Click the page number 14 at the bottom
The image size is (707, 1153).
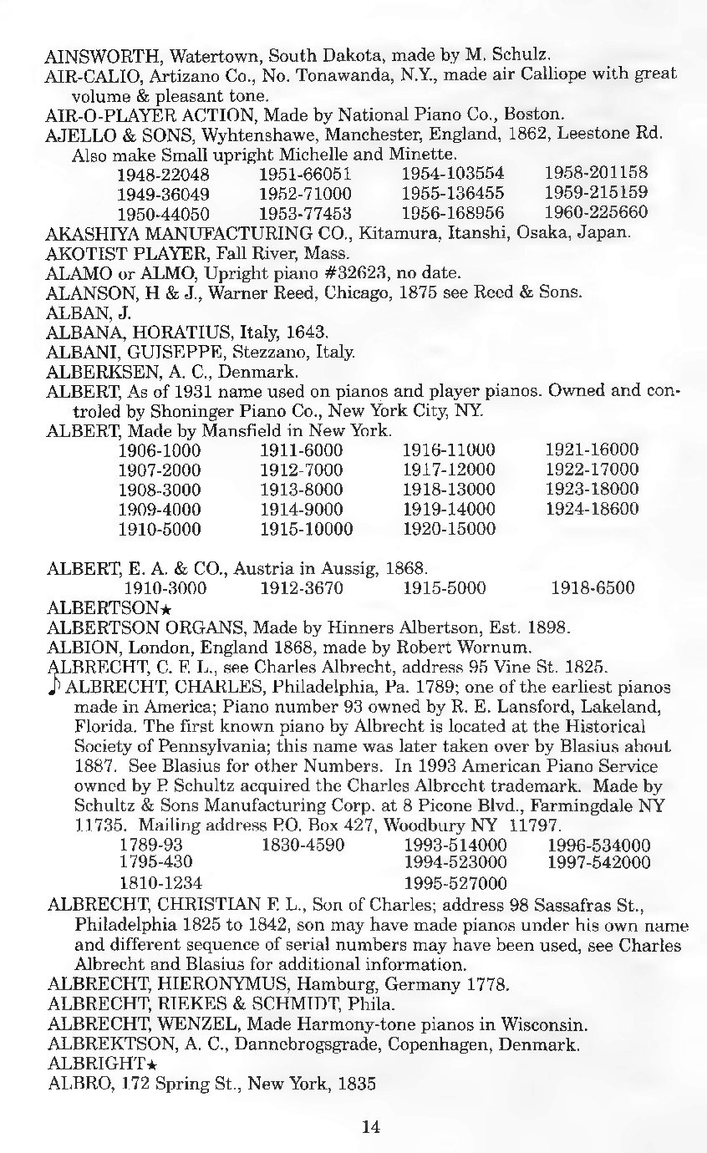pos(371,1126)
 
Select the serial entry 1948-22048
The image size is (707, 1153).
pos(163,175)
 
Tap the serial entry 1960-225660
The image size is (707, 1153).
pos(596,211)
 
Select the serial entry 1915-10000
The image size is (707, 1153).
pos(307,529)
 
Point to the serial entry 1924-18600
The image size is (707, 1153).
pos(592,509)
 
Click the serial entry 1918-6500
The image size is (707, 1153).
pos(593,587)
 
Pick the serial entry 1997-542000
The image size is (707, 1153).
pos(598,862)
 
